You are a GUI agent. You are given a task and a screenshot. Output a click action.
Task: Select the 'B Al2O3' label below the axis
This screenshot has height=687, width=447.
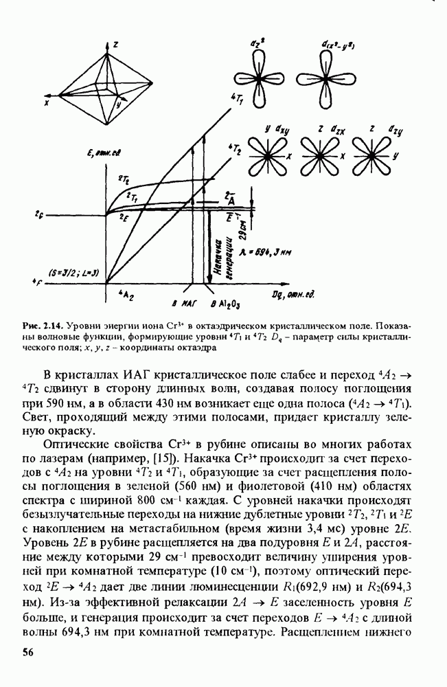coord(225,303)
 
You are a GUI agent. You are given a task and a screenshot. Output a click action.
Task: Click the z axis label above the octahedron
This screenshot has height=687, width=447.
coord(117,44)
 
